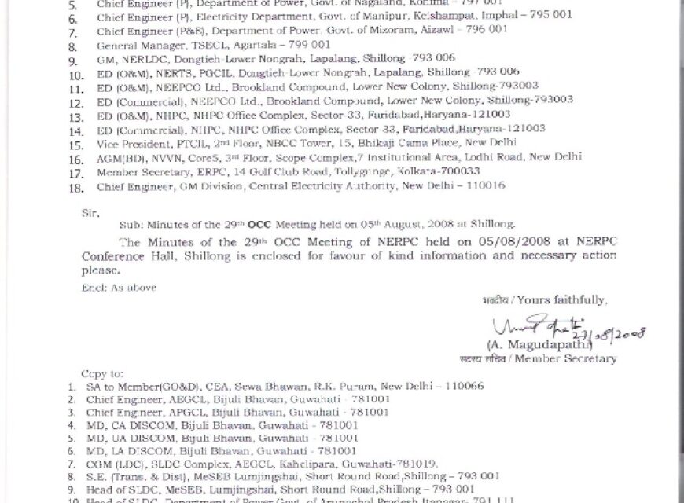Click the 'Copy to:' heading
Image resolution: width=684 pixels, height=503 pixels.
(102, 373)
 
